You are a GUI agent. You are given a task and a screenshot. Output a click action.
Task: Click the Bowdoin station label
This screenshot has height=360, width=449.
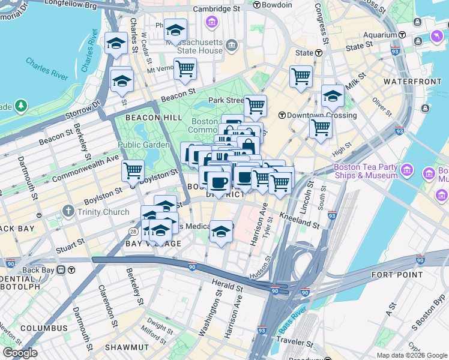(x=277, y=5)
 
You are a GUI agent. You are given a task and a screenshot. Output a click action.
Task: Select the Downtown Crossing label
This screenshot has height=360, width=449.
(x=321, y=115)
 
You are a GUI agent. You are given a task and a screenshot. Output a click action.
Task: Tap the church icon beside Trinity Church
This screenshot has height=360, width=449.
(x=70, y=212)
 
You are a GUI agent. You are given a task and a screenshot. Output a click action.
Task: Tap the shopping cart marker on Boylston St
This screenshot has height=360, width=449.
(x=133, y=170)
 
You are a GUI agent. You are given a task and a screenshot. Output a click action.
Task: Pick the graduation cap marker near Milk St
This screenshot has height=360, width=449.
(x=333, y=97)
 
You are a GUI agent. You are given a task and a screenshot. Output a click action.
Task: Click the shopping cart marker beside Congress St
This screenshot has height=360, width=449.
(x=301, y=76)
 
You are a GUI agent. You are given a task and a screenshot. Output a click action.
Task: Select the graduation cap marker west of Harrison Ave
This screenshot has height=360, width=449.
(x=221, y=232)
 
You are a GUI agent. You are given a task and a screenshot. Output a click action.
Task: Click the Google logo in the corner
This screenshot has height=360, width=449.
(x=20, y=353)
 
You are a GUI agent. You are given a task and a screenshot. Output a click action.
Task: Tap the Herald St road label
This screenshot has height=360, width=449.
(x=227, y=284)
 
